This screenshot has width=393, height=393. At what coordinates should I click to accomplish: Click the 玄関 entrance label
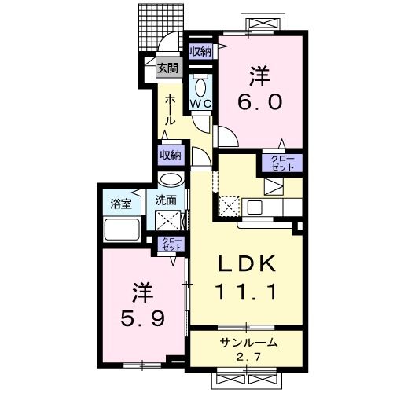pos(167,68)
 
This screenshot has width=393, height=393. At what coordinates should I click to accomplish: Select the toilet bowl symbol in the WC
pos(199,86)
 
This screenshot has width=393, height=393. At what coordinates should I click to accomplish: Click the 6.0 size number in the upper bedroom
pos(260,101)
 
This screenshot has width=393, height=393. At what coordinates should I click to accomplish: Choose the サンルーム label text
pos(247,343)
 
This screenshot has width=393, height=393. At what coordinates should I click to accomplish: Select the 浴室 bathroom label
pos(120,201)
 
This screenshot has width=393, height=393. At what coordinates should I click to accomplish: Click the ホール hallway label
pos(169,109)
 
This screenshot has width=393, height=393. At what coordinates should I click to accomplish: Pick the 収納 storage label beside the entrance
pos(200,52)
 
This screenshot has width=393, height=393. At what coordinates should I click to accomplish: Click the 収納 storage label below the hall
pos(171,155)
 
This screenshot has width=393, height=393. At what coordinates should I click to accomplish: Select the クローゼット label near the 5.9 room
pos(170,244)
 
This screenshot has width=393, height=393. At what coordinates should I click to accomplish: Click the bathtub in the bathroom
pos(121,230)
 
